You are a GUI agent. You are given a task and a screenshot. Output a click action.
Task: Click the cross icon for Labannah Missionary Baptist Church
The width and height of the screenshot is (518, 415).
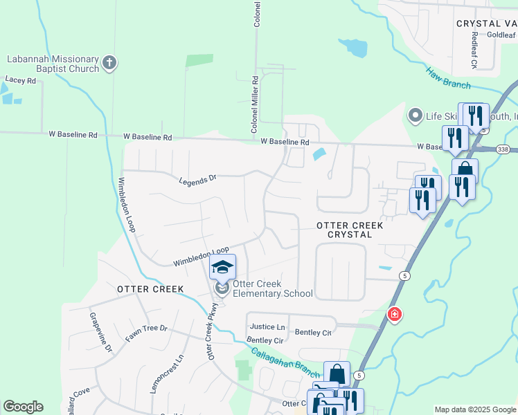pos(109,64)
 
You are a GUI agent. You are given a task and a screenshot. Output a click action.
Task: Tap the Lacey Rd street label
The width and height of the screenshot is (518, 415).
pos(20,80)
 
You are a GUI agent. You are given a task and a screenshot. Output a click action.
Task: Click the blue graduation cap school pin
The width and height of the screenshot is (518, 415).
pos(223,267)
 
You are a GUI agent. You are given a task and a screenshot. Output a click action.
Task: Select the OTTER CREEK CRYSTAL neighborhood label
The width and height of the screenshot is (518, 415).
pos(344,230)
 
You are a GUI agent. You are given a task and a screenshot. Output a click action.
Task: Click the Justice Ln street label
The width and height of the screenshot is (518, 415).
pos(267,326)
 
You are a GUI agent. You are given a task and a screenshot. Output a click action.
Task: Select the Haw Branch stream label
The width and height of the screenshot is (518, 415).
pos(448,77)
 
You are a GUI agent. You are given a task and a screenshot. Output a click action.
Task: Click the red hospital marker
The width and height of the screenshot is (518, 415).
pos(394,315)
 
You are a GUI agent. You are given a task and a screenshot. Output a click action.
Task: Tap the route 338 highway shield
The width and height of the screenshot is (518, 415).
pos(502,149)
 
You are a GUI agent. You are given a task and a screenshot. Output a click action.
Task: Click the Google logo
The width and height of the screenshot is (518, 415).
pos(23,407)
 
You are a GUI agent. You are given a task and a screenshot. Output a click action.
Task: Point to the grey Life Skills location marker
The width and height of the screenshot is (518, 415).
pos(416,115)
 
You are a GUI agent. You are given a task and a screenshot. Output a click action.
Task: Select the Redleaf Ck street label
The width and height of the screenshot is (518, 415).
pos(474,50)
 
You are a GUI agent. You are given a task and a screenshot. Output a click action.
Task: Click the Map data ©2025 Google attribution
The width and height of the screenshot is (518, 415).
pos(474,409)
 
